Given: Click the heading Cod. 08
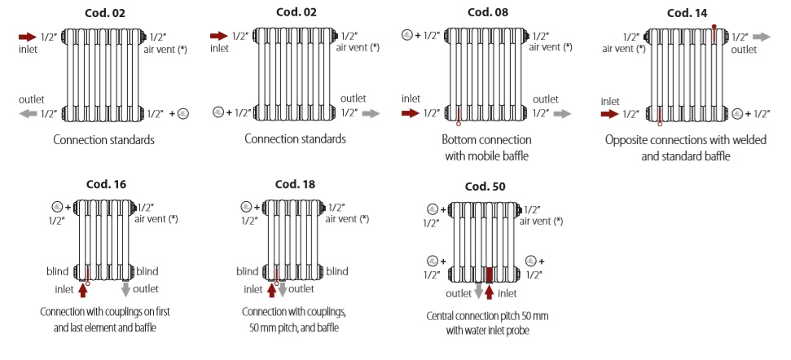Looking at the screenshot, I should [488, 12].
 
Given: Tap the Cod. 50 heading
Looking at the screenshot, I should [485, 186].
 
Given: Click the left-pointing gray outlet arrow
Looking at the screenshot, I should [28, 114].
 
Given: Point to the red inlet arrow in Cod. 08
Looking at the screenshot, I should [411, 113].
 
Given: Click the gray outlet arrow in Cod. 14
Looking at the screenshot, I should [761, 37].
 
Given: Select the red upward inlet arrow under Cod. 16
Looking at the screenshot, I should [82, 290].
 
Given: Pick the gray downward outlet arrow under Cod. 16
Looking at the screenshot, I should [126, 289].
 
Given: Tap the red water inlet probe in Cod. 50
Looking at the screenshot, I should [490, 275].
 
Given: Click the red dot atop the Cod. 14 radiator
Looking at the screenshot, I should [714, 27].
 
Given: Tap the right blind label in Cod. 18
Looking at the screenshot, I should [337, 271].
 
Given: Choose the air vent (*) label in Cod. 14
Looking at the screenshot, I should [624, 49].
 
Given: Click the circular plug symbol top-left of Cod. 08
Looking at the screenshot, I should [407, 36].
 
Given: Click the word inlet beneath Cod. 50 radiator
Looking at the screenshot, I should [508, 293].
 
